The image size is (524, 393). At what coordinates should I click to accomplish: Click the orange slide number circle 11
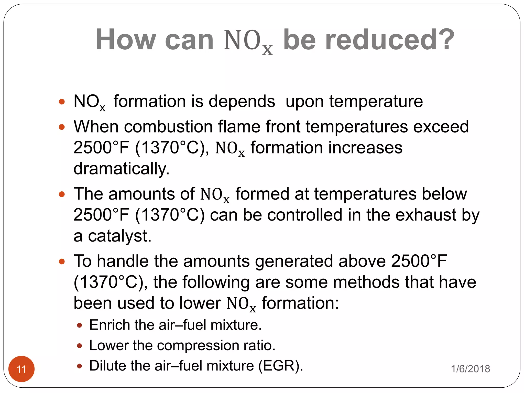click(x=21, y=369)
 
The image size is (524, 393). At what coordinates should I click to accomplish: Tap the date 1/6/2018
click(x=470, y=369)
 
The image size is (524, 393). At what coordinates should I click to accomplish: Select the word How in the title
click(x=126, y=40)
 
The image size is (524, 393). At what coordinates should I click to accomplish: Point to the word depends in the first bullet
click(x=242, y=102)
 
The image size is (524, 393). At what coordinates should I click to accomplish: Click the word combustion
click(x=169, y=127)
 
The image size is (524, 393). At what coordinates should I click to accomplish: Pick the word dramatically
click(x=121, y=169)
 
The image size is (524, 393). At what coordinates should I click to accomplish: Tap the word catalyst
click(x=119, y=236)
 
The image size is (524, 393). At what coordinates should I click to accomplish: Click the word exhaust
click(x=426, y=215)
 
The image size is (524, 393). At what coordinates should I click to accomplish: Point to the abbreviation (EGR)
click(x=280, y=366)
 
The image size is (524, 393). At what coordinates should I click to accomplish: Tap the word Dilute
click(x=107, y=366)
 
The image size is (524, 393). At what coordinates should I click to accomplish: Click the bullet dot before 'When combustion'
click(x=62, y=127)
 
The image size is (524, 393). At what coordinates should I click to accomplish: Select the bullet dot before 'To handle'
click(x=62, y=262)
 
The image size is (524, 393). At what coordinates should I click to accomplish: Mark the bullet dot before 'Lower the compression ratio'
click(x=80, y=346)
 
